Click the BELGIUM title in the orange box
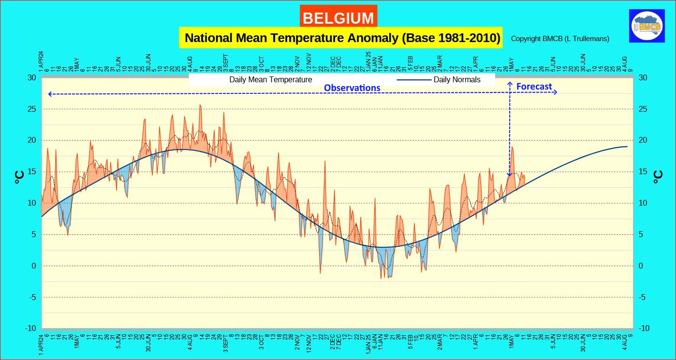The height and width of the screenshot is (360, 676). tap(338, 18)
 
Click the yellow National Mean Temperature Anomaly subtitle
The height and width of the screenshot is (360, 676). tap(342, 38)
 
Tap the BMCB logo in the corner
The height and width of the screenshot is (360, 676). tap(646, 27)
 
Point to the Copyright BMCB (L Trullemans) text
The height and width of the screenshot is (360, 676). tap(559, 39)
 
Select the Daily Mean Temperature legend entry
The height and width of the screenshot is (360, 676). tap(270, 79)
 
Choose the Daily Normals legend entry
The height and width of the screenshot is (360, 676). tap(456, 79)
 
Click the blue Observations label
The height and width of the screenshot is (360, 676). tap(352, 88)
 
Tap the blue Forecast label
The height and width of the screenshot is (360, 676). tap(534, 87)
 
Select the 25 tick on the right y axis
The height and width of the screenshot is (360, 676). tap(643, 109)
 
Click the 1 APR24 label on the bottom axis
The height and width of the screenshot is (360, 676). tap(42, 344)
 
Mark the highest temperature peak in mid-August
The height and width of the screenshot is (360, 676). tap(200, 105)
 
